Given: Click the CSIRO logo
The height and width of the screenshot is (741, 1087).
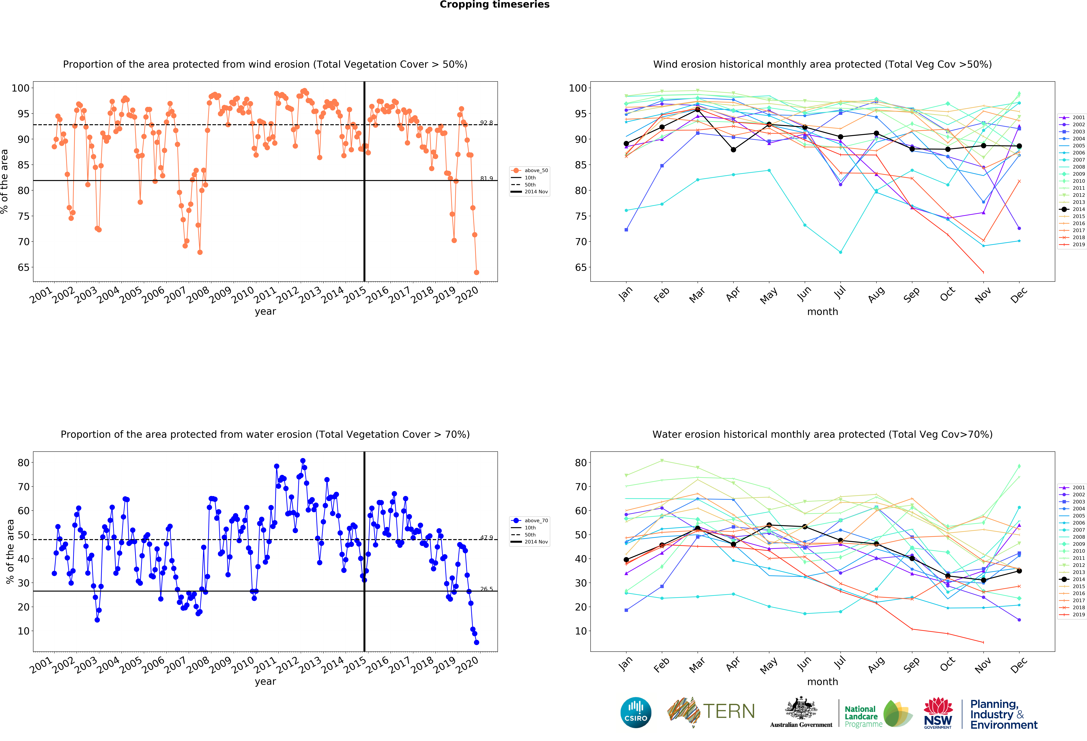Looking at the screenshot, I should [636, 712].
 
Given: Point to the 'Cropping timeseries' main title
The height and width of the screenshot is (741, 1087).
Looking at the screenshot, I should [494, 5].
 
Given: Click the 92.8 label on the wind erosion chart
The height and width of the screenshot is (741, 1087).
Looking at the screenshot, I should [486, 123].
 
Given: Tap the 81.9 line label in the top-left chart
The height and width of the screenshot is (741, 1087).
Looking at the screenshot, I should [486, 178].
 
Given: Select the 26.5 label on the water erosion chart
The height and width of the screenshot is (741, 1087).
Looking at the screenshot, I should [486, 589].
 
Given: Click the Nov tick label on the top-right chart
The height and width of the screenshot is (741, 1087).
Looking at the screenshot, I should [983, 295].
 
